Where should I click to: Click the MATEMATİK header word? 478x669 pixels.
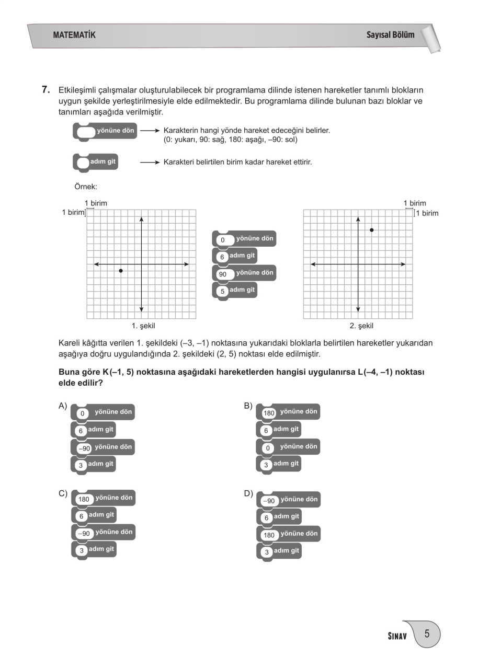74,35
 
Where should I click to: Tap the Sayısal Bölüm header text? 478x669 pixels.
390,35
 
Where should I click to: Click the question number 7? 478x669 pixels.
45,89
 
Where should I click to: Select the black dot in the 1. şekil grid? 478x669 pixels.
121,271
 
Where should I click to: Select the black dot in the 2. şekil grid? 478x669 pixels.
371,230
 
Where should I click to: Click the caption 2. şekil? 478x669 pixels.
361,326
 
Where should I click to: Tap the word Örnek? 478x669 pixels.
86,186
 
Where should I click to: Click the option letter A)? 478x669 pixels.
63,406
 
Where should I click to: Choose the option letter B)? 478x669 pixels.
248,406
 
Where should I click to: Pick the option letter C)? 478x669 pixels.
63,493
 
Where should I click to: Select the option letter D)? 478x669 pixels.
248,493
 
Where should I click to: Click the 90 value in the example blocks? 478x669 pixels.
223,274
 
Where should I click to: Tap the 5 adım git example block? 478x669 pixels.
236,290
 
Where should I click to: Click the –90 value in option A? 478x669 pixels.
84,448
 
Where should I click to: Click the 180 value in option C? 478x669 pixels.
84,499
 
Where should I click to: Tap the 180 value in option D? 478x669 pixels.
269,535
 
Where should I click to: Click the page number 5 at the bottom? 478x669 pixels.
427,635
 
